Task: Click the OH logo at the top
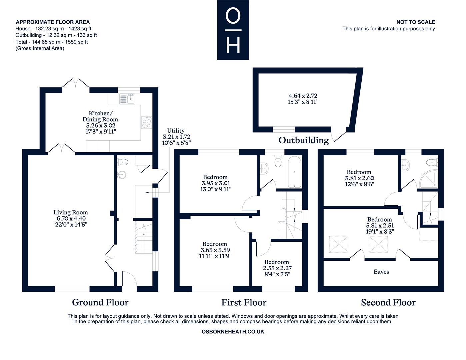(x=233, y=30)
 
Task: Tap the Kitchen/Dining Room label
(x=100, y=116)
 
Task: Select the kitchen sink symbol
(x=128, y=99)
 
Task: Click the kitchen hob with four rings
(x=147, y=122)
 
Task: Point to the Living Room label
(x=71, y=212)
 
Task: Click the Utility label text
(x=176, y=131)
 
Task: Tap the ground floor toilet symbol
(x=123, y=162)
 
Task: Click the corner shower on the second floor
(x=428, y=179)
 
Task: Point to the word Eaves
(x=381, y=272)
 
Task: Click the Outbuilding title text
(x=303, y=140)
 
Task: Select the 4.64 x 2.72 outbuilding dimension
(x=303, y=96)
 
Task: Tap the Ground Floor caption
(x=100, y=302)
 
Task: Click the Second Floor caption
(x=388, y=302)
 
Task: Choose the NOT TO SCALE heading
(x=416, y=22)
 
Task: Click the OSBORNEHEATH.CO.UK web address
(x=233, y=332)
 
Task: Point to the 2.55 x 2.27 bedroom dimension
(x=277, y=268)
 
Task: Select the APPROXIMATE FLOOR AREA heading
(x=53, y=22)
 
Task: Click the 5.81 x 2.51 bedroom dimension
(x=380, y=225)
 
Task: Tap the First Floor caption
(x=244, y=302)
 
